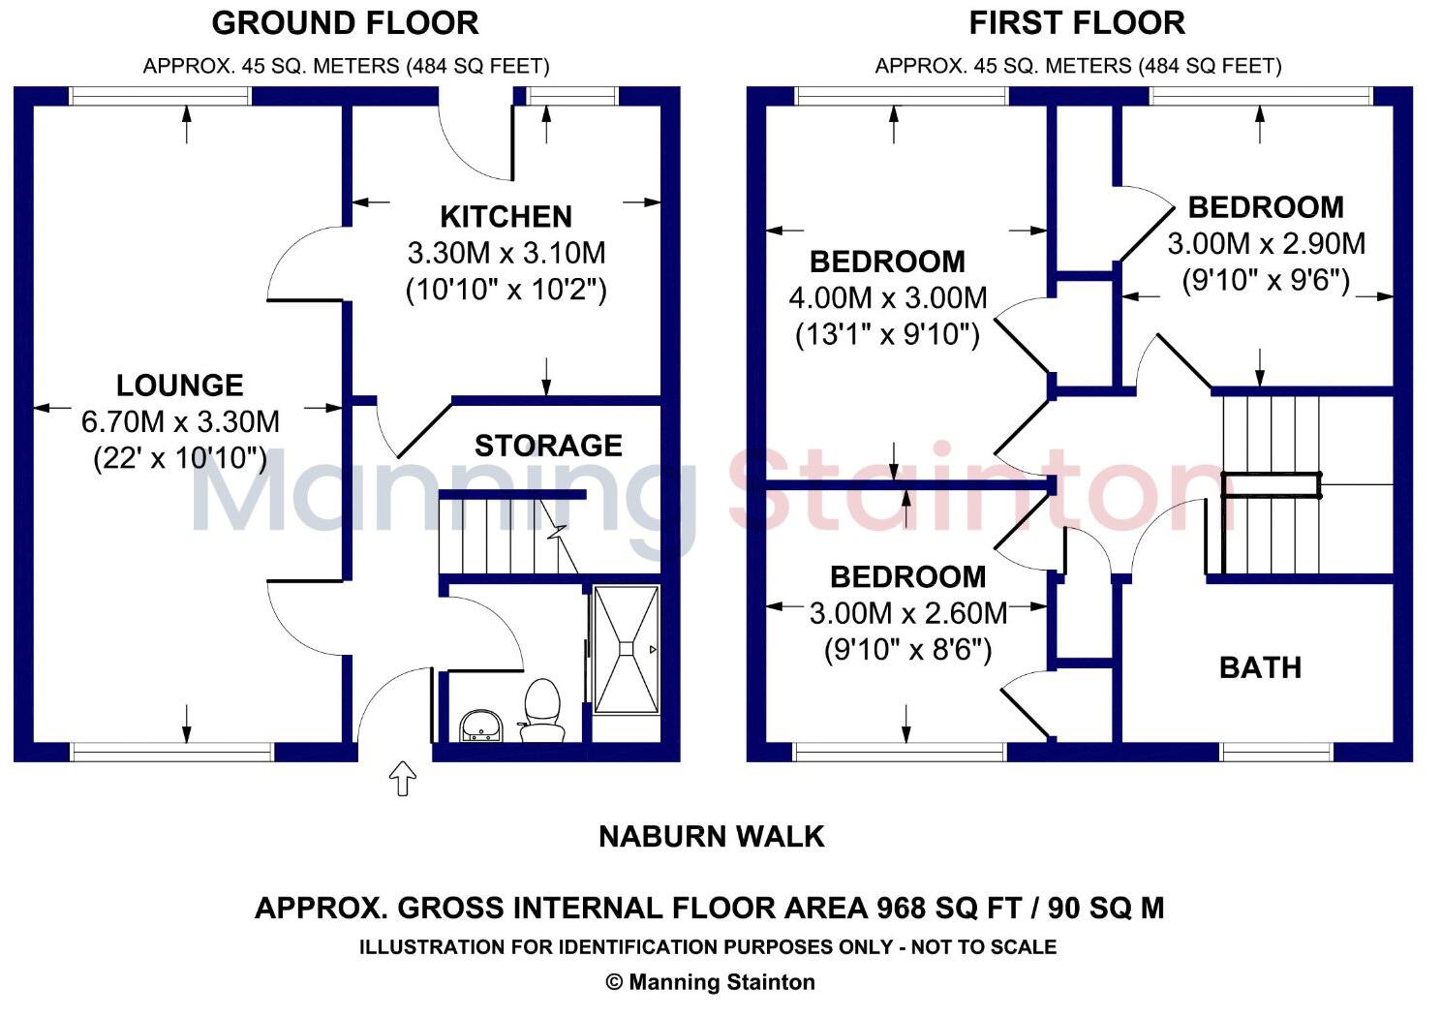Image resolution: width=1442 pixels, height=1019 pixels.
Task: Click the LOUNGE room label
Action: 179,386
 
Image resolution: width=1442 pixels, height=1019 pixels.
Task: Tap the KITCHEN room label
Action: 506,216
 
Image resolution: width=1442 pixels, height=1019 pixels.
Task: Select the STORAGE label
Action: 548,446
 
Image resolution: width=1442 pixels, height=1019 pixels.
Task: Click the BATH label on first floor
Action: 1260,667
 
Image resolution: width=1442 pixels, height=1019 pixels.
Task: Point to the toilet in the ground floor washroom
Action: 542,707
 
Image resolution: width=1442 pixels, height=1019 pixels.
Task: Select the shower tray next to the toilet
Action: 626,648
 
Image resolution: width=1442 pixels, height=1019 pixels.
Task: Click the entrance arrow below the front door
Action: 403,777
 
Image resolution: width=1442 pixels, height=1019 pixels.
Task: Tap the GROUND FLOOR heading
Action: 345,23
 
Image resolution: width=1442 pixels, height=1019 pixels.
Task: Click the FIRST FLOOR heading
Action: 1077,23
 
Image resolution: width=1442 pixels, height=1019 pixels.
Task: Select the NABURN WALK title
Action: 712,836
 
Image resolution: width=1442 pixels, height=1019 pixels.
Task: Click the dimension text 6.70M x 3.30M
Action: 180,421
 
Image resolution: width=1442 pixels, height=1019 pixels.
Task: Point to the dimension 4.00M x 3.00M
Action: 888,297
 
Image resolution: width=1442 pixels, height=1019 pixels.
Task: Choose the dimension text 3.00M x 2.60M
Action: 908,612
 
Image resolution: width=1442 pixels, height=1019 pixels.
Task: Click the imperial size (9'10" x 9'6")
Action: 1266,280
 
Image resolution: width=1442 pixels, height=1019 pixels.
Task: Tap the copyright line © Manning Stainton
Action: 710,982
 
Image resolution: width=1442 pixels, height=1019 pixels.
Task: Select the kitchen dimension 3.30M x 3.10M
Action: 506,253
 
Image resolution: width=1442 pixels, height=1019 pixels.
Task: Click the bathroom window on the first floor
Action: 1275,752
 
